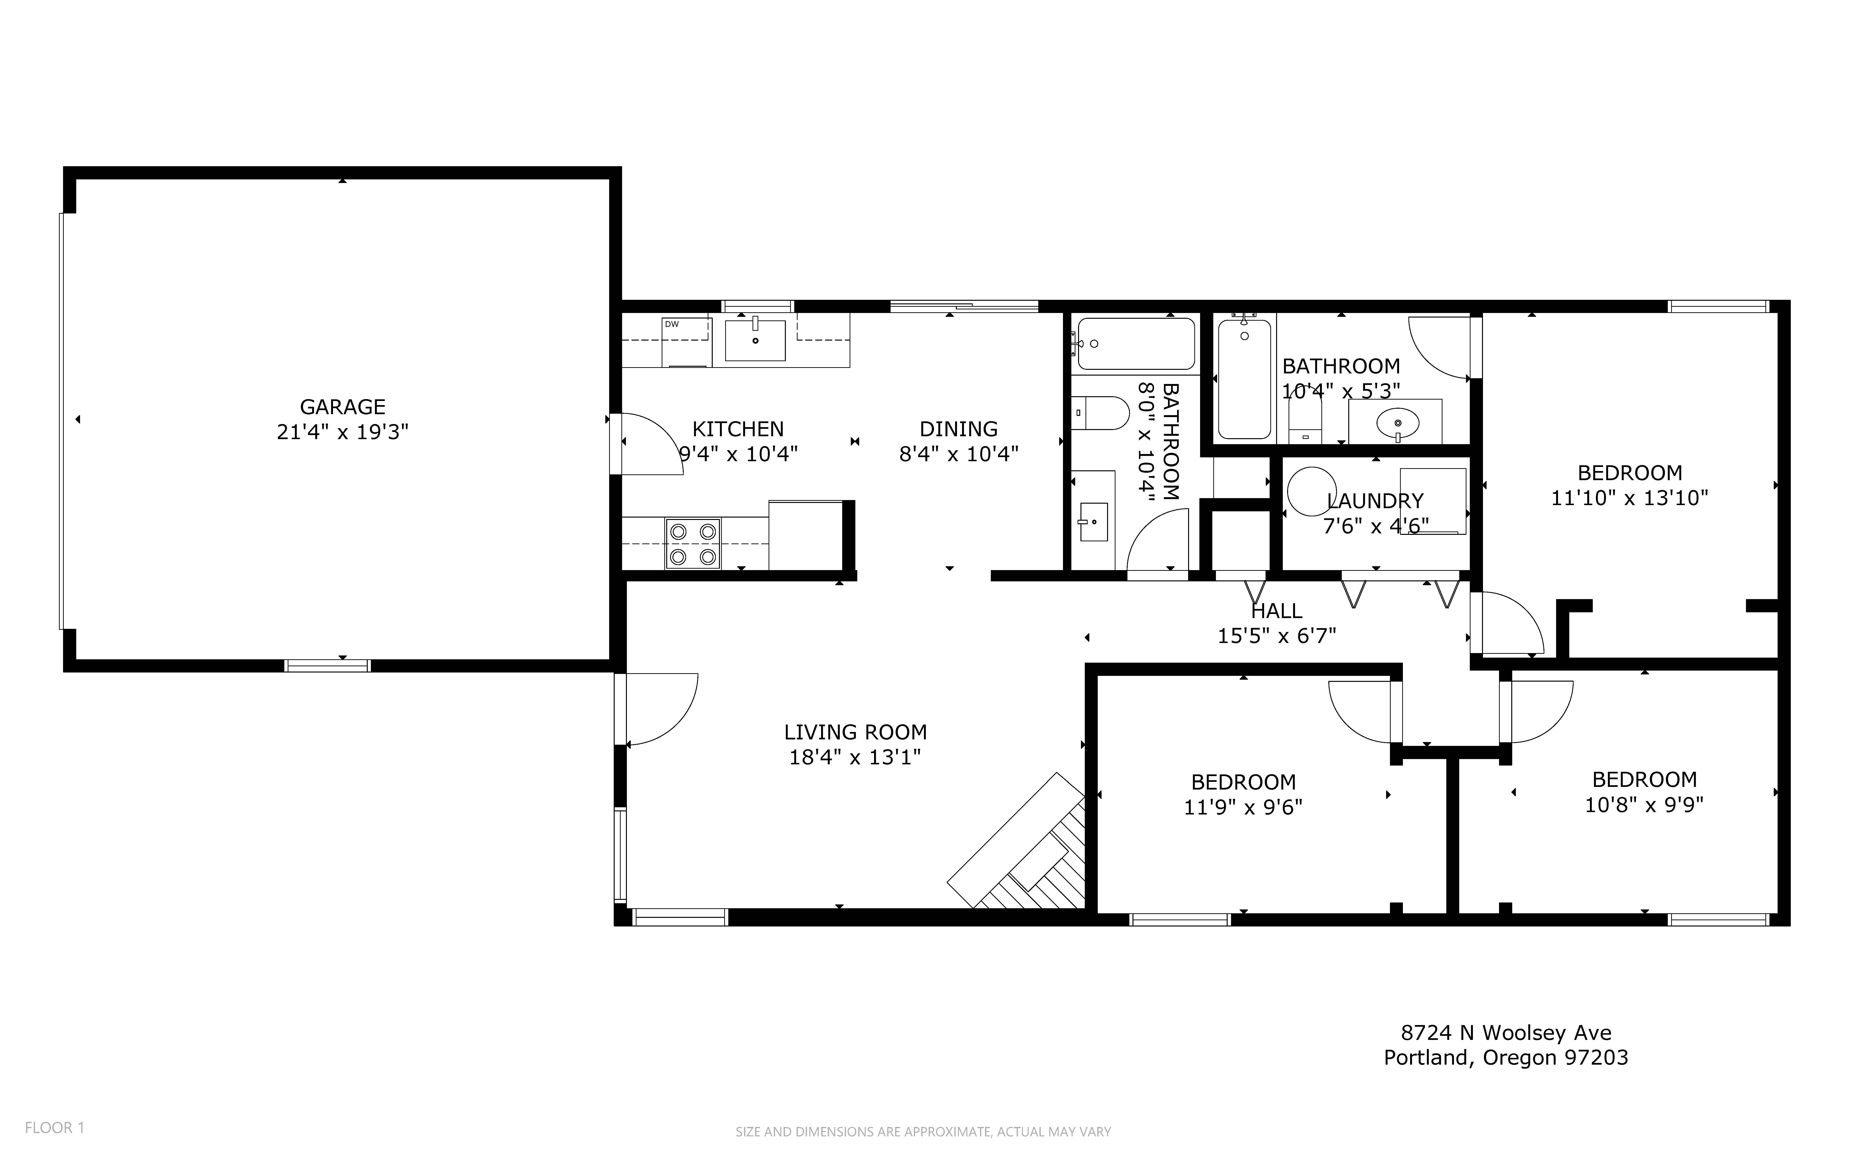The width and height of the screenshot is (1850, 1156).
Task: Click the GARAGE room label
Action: [342, 407]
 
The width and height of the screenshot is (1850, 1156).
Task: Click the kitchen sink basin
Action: [755, 340]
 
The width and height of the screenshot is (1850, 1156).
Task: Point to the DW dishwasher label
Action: [672, 324]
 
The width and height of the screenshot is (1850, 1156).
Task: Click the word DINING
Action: [958, 429]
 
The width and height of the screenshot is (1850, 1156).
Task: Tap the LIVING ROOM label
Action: [855, 732]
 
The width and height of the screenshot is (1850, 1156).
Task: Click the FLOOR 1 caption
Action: [54, 1128]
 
